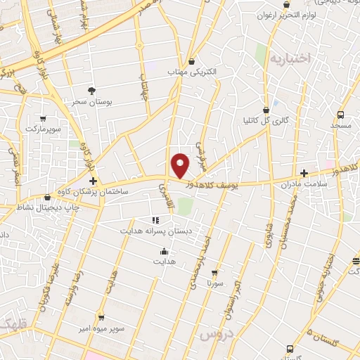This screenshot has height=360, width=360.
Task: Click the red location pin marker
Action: point(181,165)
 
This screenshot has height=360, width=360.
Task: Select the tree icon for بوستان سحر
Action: point(91,90)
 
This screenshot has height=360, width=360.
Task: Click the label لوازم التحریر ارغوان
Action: point(288,14)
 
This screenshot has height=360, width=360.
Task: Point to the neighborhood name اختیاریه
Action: point(289,59)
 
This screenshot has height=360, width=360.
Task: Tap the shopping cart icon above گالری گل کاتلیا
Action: point(266,110)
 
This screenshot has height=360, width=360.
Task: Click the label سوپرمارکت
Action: point(44,129)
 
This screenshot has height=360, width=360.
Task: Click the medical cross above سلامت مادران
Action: point(304,173)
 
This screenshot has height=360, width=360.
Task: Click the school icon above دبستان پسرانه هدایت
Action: point(155,220)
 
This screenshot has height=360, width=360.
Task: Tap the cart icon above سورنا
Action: point(214,273)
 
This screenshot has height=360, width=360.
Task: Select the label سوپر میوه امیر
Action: point(101,328)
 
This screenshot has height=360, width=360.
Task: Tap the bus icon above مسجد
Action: point(340,115)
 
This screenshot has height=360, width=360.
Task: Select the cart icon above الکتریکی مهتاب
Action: point(192,62)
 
